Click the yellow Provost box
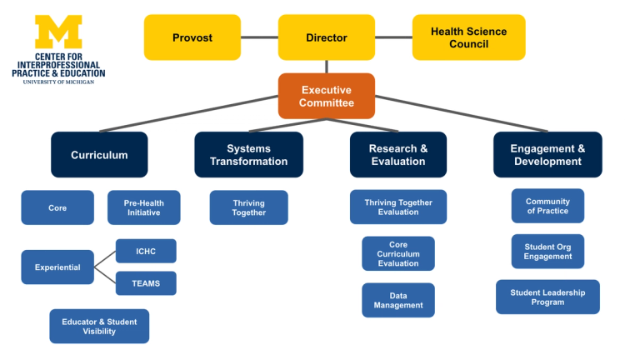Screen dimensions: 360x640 click(x=192, y=37)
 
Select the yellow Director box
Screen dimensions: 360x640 click(x=327, y=37)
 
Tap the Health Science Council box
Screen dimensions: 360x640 click(x=468, y=37)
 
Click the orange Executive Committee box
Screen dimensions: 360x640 click(x=327, y=97)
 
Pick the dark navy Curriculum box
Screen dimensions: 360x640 click(x=99, y=155)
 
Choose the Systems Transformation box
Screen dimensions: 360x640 click(x=248, y=155)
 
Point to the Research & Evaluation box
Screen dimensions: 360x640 click(x=398, y=155)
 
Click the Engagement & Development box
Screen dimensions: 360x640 click(x=547, y=155)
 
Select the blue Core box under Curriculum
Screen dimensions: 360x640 click(x=57, y=207)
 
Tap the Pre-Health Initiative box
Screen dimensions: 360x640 click(x=143, y=207)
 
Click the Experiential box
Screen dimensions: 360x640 click(x=57, y=267)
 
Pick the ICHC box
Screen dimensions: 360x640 click(x=146, y=251)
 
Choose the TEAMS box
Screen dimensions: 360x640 click(x=146, y=283)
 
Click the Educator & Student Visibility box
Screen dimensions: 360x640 click(x=99, y=327)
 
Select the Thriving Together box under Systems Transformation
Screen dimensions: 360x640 click(x=248, y=207)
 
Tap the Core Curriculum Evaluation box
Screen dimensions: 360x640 click(x=398, y=254)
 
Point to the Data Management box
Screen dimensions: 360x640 click(x=398, y=300)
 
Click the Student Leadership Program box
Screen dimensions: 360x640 click(x=547, y=297)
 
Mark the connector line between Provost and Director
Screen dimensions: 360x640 click(x=259, y=37)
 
